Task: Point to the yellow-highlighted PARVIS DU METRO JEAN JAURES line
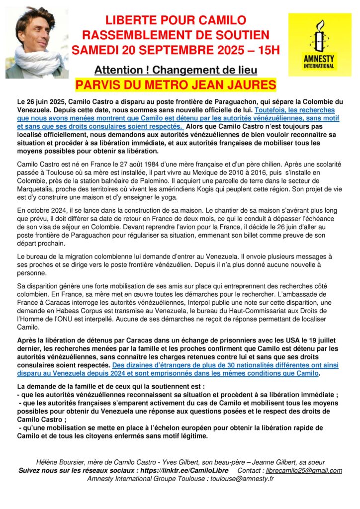click(176, 83)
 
